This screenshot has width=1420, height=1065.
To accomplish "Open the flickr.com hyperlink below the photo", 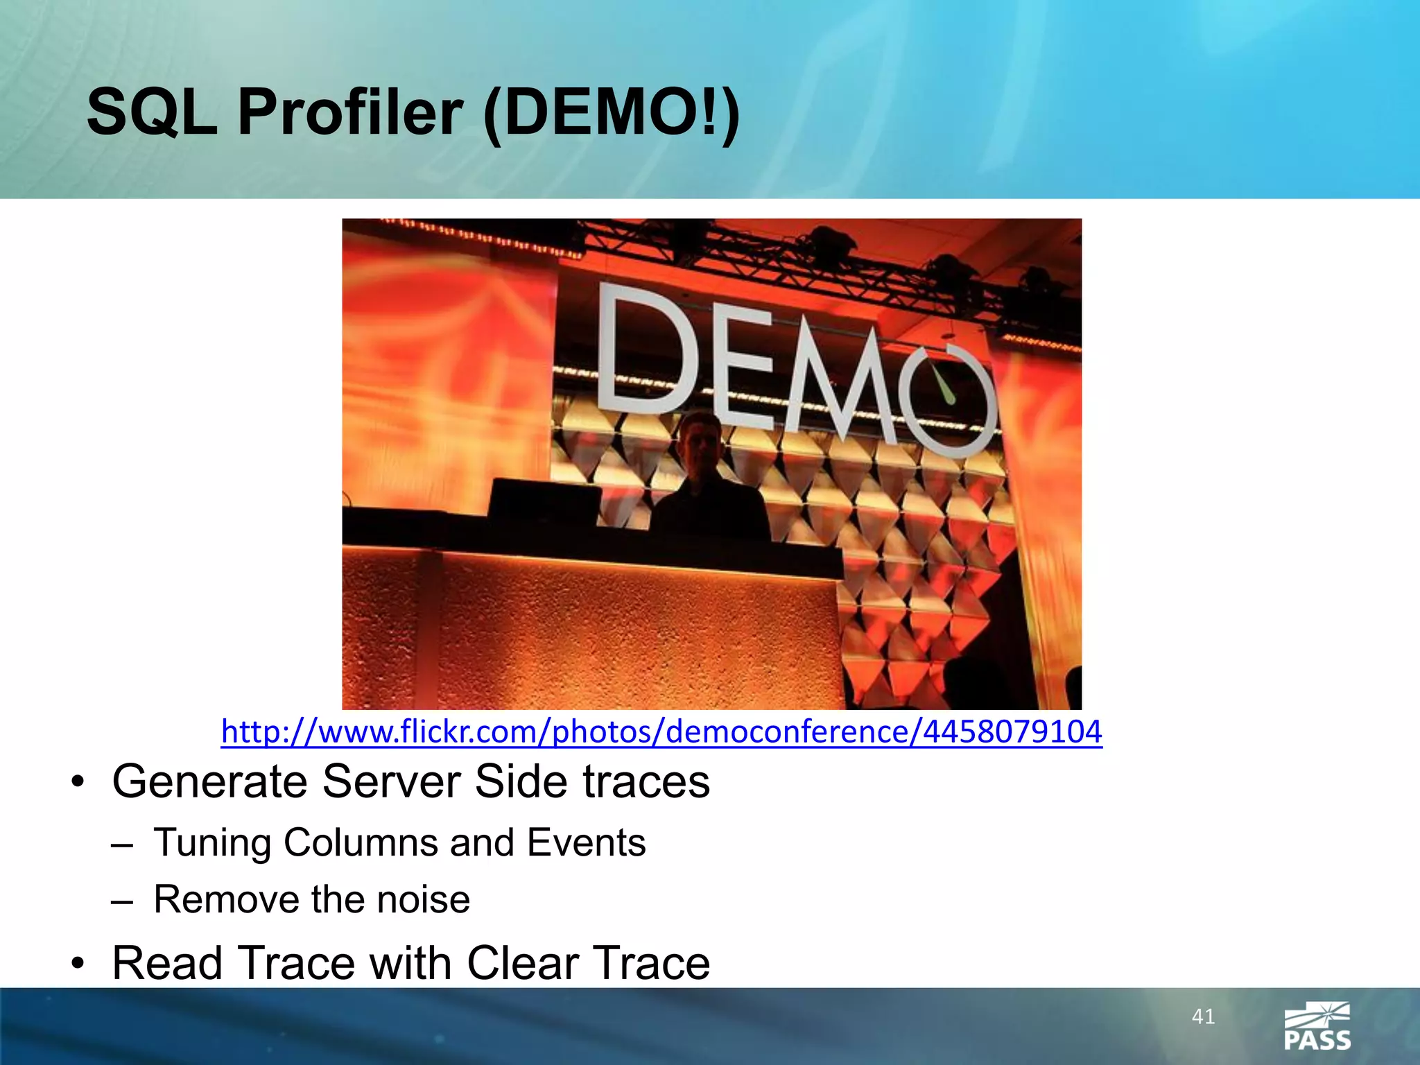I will click(x=661, y=731).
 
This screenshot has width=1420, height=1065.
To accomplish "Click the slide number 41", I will click(x=1203, y=1016).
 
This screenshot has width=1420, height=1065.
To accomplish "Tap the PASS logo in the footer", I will click(x=1317, y=1026).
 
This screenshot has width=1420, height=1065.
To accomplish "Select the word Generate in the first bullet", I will click(x=209, y=781).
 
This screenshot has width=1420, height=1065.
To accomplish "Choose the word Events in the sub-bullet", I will click(x=586, y=842).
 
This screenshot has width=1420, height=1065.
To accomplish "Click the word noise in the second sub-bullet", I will click(x=423, y=899).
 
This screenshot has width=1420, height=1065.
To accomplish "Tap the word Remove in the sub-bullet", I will click(x=227, y=899).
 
